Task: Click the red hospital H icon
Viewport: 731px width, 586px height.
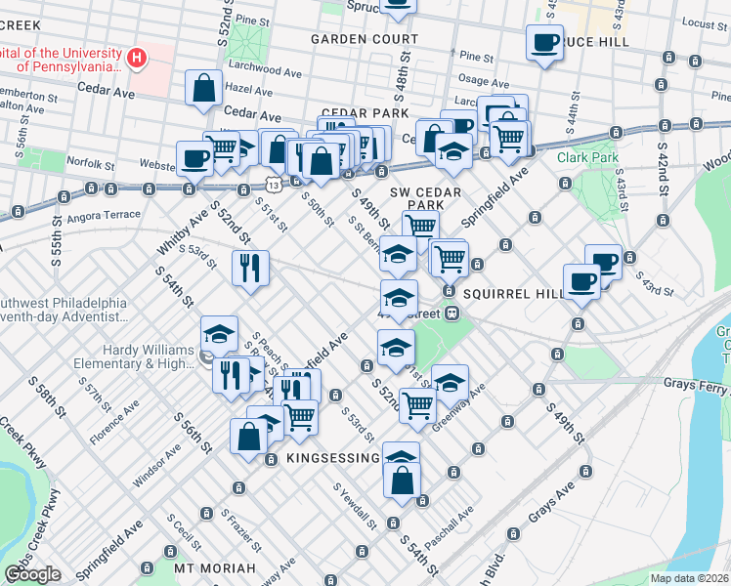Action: [x=137, y=58]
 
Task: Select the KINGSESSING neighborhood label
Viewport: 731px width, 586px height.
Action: [x=332, y=458]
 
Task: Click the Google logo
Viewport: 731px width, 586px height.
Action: [x=32, y=574]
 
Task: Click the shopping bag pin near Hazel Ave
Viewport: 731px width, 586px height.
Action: [x=202, y=88]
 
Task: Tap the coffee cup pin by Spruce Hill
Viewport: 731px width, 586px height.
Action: [x=543, y=43]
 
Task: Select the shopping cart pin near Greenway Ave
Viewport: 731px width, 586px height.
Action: [x=417, y=404]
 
